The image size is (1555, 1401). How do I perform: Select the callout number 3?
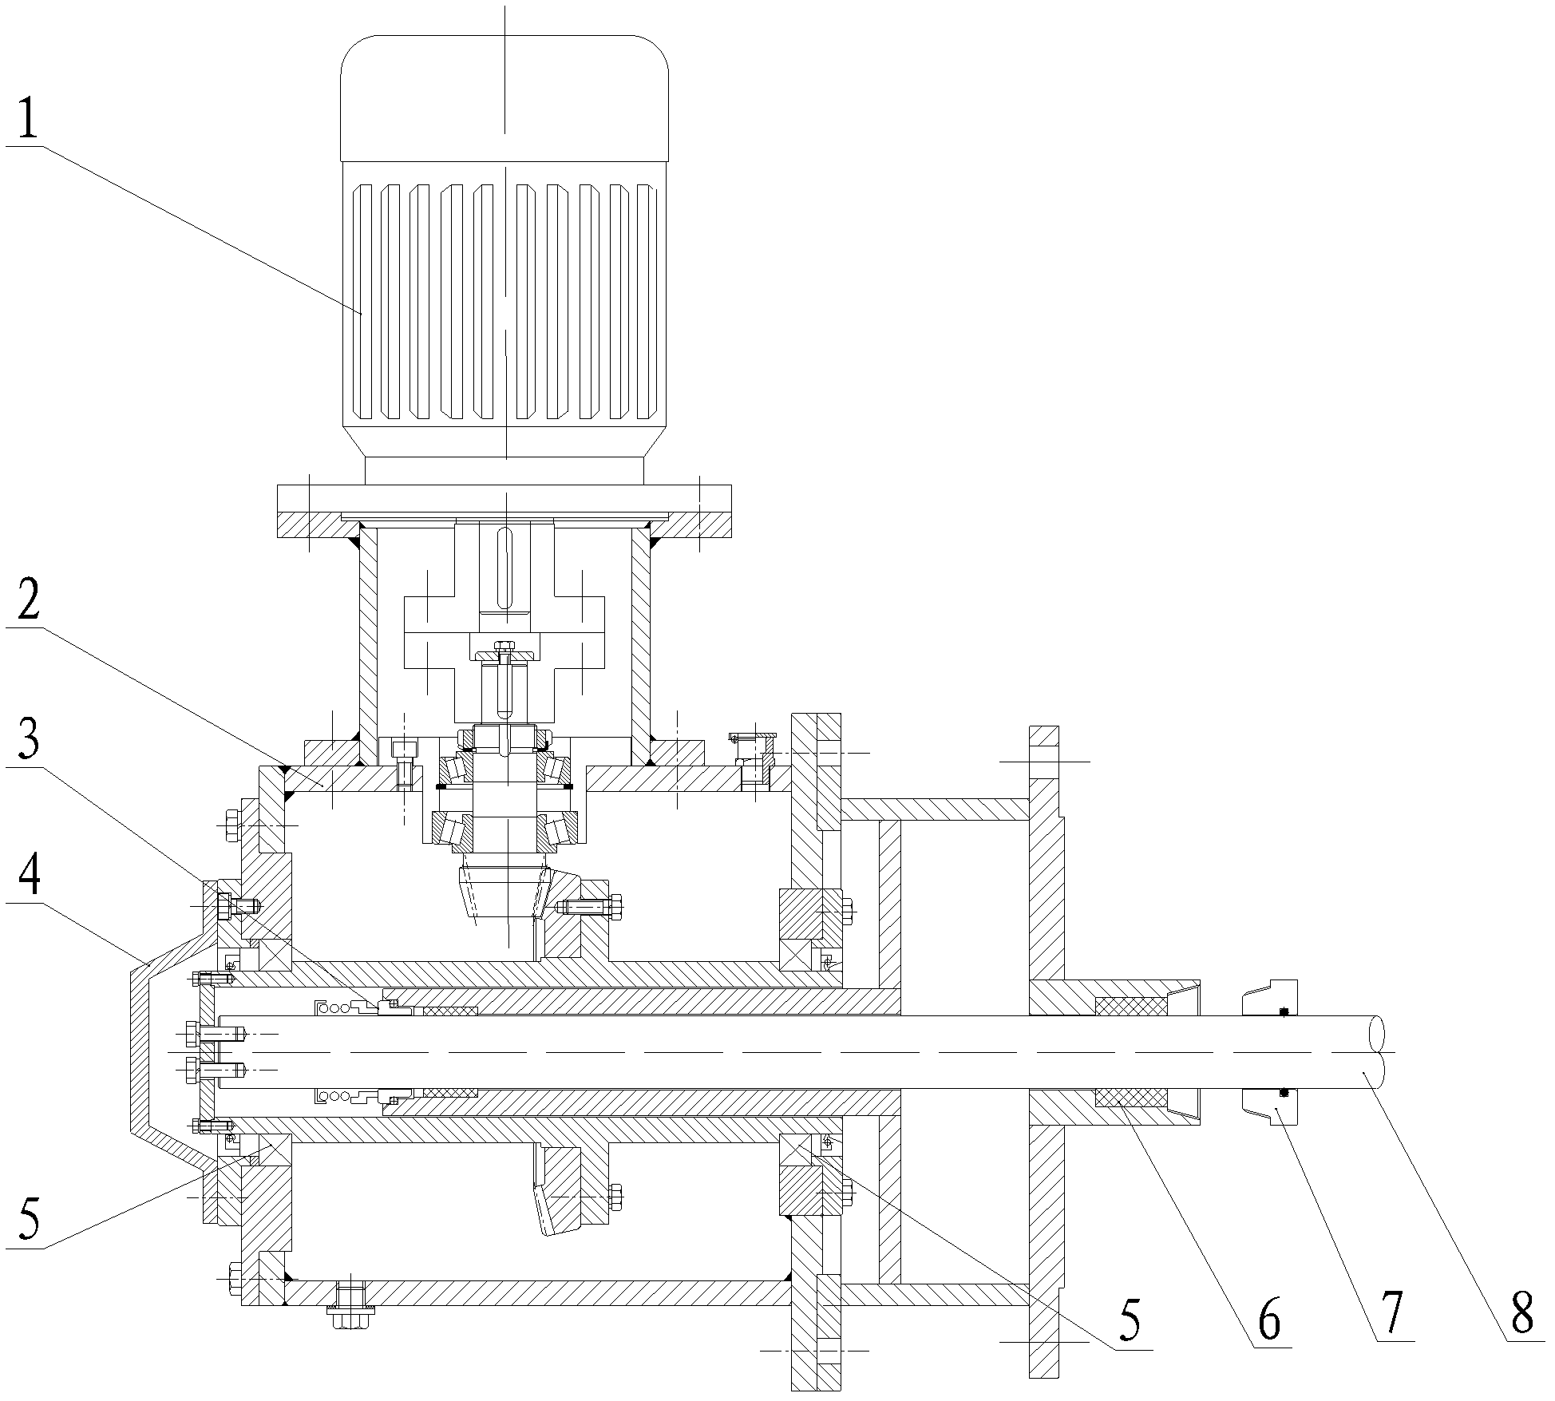click(29, 742)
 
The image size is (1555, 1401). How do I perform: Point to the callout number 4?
click(27, 878)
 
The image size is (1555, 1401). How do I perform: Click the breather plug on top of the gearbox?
click(752, 759)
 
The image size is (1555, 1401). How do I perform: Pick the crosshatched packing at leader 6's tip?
click(1130, 1099)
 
